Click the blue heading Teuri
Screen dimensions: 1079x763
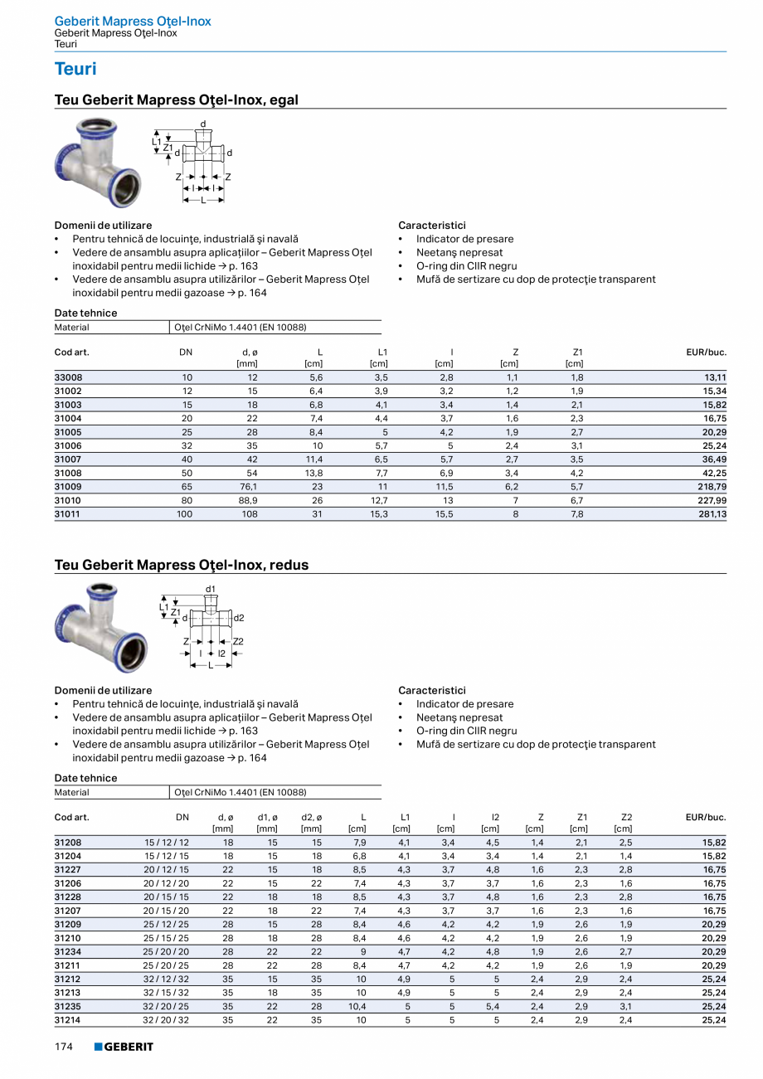pos(75,69)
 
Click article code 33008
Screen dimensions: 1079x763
pos(68,377)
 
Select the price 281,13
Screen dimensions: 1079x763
pos(711,514)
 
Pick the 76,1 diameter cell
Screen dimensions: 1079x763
pos(246,487)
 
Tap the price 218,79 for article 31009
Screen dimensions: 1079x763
pos(711,487)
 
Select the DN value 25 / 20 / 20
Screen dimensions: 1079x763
pos(166,952)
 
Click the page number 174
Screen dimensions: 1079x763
pos(64,1047)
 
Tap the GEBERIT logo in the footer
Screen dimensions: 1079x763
pos(124,1047)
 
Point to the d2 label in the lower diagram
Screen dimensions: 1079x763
pos(239,618)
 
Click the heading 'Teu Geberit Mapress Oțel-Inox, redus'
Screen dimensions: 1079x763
pos(181,566)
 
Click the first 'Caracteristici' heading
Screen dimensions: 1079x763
pos(432,226)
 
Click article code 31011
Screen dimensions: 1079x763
pos(68,514)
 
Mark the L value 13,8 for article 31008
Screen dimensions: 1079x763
pos(313,474)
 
